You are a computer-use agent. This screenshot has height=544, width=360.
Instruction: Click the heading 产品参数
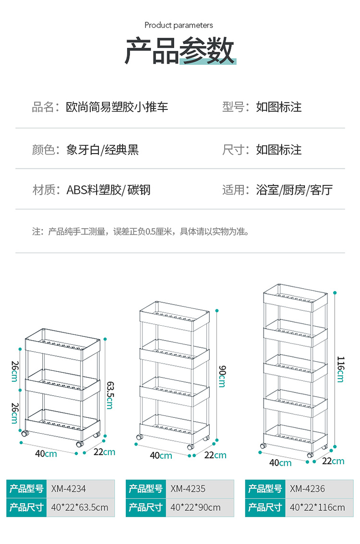180,51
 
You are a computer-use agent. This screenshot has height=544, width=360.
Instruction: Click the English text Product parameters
179,25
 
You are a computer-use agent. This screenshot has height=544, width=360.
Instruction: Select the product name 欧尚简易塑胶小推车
117,107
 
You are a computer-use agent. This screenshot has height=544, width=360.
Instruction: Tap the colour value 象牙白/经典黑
102,150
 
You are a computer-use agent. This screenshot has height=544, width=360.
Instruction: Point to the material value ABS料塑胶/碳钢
108,190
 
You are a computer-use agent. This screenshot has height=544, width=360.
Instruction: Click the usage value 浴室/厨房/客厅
294,190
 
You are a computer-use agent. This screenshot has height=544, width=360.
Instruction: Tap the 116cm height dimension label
340,369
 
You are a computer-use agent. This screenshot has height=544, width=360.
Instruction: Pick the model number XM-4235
188,489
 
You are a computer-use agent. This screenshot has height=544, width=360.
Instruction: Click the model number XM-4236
307,489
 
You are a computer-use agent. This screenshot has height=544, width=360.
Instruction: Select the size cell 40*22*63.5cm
80,507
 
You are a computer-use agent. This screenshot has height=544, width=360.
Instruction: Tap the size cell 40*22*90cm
195,507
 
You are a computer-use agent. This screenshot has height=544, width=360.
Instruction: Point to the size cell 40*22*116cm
317,507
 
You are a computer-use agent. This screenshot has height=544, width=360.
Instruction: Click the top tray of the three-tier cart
62,341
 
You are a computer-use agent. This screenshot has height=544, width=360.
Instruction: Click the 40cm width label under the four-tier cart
161,455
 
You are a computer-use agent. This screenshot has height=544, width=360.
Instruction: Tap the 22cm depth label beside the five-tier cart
333,461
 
